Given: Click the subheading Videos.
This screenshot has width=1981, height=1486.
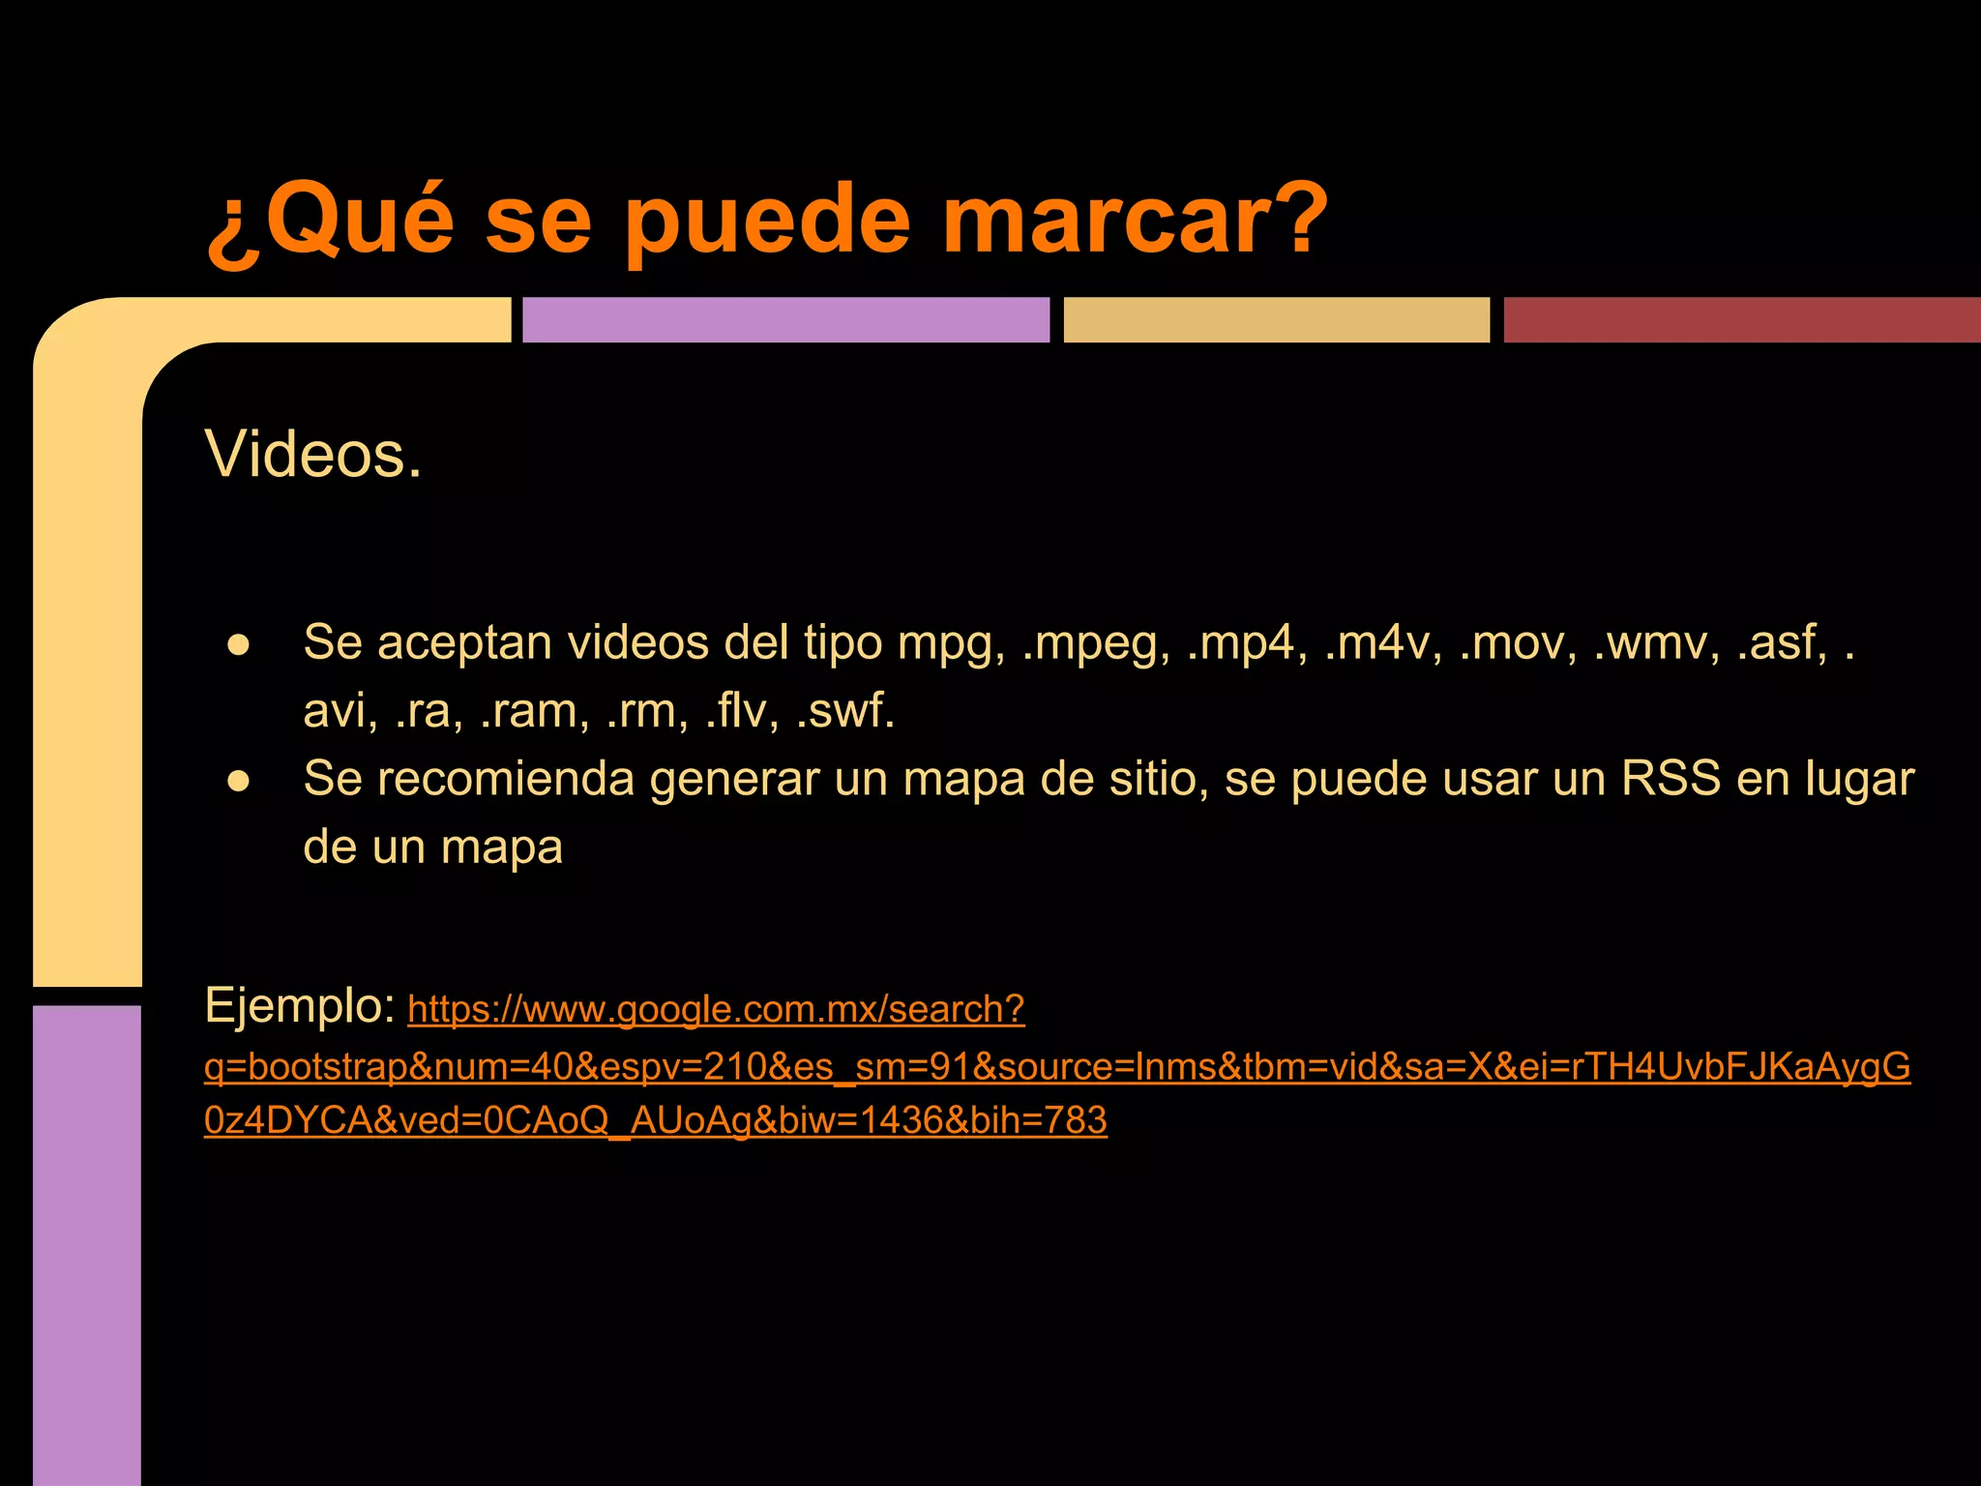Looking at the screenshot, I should (x=313, y=454).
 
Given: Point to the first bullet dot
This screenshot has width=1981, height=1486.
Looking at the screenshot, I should (x=239, y=644).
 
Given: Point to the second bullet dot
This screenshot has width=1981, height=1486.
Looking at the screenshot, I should (x=239, y=781).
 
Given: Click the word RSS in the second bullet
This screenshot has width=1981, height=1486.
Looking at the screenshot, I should (x=1671, y=779).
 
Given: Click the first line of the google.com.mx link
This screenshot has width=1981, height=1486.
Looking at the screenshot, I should (x=716, y=1009).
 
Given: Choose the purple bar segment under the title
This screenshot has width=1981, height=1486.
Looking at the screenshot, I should (x=785, y=320).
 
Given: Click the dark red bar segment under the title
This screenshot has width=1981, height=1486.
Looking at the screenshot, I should (x=1741, y=320).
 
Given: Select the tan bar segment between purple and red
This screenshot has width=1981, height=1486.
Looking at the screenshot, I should (x=1276, y=320).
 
